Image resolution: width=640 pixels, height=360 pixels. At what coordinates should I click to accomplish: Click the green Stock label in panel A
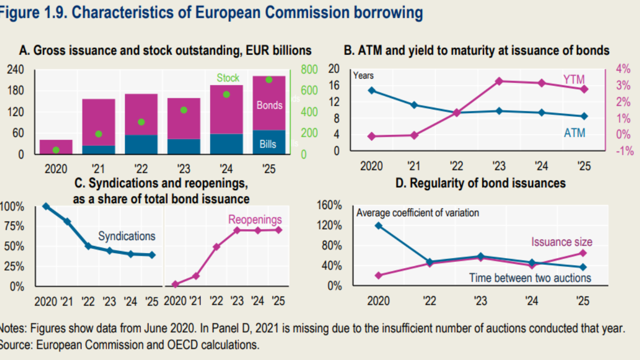228,78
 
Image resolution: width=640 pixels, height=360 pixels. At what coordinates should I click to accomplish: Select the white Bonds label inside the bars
269,105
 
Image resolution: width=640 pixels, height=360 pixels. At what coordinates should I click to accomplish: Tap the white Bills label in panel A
268,144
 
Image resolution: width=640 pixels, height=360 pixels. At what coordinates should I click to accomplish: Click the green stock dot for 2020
56,150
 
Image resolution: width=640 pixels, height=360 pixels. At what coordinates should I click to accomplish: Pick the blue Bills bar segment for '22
141,144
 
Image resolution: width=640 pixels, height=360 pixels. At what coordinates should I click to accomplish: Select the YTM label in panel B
573,79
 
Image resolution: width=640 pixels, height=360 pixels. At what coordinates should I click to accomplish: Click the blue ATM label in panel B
574,133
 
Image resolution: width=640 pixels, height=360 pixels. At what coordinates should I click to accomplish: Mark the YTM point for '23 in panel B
498,81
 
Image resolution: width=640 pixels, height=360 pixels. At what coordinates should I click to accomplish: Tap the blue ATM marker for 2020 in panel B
371,90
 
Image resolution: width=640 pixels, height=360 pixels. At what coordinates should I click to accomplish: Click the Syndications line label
126,236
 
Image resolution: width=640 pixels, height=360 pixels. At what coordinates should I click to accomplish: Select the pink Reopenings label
255,219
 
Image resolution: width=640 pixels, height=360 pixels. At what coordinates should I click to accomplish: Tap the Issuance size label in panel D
561,242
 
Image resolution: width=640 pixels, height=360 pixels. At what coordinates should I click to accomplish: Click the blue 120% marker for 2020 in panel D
378,225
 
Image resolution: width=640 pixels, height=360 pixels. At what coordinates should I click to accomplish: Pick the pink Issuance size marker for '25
582,253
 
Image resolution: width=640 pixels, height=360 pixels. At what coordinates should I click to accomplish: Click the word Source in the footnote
11,344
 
